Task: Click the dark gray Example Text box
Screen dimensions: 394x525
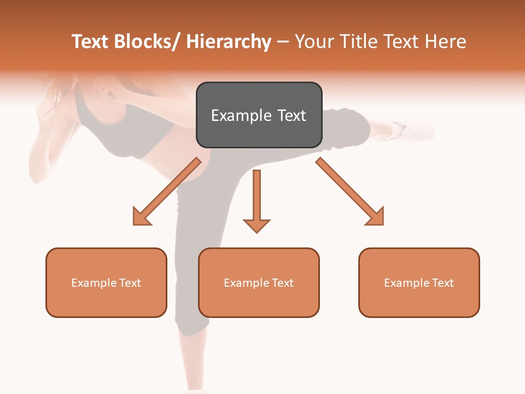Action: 259,115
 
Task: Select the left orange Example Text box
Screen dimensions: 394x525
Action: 106,282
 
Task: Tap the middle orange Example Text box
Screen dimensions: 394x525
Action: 259,282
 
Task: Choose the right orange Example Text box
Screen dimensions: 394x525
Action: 419,282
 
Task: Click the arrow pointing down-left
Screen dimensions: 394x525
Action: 167,192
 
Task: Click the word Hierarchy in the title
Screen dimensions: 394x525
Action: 229,42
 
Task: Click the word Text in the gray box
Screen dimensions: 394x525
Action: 291,115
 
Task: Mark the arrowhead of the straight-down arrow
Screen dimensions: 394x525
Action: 256,225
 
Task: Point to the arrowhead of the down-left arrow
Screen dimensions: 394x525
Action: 141,217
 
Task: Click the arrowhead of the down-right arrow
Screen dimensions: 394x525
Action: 375,217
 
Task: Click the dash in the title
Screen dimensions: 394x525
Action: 283,42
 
